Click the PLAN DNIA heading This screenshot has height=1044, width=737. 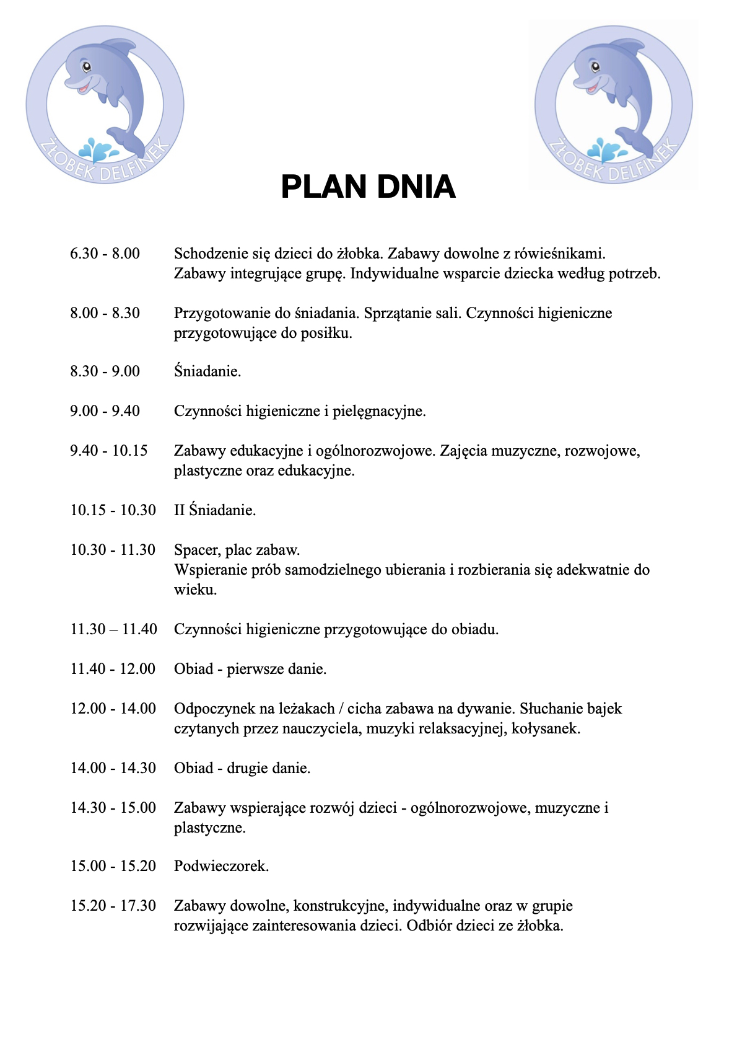[368, 187]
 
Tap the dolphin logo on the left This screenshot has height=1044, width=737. [105, 104]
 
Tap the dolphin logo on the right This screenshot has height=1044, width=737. [613, 104]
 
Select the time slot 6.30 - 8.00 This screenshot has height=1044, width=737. [105, 254]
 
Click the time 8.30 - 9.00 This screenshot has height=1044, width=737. [105, 371]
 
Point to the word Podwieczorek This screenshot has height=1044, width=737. [221, 866]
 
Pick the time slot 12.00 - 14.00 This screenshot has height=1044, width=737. [113, 709]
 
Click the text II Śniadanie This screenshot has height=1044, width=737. [215, 510]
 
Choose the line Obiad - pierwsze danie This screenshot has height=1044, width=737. [250, 669]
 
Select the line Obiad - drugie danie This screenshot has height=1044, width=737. [242, 768]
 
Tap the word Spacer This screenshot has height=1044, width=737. [197, 550]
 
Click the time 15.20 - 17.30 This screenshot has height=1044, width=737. [113, 906]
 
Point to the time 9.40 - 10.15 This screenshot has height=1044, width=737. [109, 451]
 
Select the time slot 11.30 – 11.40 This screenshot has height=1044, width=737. [113, 629]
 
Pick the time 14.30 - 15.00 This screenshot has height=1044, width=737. [113, 808]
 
